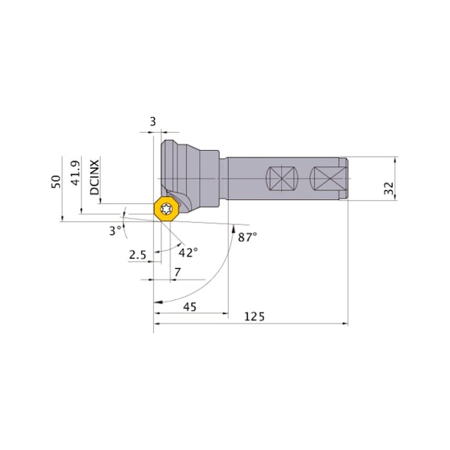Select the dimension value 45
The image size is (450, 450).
click(x=189, y=307)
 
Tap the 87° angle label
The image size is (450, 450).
click(x=246, y=235)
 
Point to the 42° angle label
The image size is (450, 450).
click(x=188, y=252)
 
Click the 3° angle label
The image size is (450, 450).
click(x=116, y=230)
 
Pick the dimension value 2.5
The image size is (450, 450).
click(x=137, y=255)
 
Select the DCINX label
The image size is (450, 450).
click(x=95, y=177)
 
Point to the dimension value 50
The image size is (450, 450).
click(x=56, y=180)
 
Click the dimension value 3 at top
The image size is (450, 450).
click(x=153, y=121)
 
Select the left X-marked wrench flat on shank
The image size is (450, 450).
click(x=280, y=179)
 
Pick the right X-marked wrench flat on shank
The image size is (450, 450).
click(x=325, y=179)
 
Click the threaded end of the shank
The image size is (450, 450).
click(x=344, y=179)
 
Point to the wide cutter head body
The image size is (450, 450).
click(x=187, y=168)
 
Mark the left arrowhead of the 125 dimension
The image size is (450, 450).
click(x=157, y=322)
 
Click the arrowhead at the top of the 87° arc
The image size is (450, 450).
click(x=233, y=229)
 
